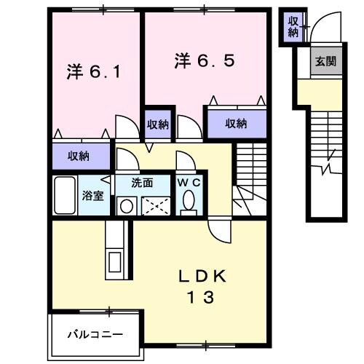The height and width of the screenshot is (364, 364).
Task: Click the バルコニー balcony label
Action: tap(95, 335)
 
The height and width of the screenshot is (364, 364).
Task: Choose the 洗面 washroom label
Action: tap(142, 182)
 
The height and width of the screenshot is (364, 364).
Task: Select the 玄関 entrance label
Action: tap(325, 63)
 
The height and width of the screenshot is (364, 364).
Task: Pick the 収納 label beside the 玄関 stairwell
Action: tap(293, 25)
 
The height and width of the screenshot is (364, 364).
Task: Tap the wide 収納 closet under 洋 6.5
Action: tap(234, 124)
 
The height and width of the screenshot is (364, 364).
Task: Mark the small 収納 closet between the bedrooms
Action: tap(158, 124)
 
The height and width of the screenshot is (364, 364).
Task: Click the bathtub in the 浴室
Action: tap(66, 195)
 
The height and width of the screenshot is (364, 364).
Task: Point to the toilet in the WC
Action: tap(191, 201)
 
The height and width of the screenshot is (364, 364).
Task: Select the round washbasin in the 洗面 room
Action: tap(125, 206)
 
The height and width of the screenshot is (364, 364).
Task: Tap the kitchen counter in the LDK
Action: tap(115, 251)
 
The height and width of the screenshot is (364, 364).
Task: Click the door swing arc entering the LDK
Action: tap(218, 230)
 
